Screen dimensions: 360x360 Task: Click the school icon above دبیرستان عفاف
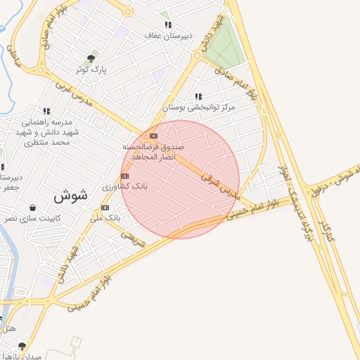tap(167, 25)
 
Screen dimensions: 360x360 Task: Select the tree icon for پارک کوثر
tap(90, 58)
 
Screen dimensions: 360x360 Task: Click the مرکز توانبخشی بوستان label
tap(199, 108)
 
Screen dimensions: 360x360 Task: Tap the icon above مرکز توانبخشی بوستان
tap(199, 96)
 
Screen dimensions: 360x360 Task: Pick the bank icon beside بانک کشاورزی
tap(124, 176)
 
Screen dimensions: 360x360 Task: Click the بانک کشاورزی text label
tap(120, 187)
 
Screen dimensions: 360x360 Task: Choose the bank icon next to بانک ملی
tap(105, 207)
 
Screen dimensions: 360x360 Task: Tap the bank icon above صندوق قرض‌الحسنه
tap(153, 136)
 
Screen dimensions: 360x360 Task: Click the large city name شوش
tap(70, 197)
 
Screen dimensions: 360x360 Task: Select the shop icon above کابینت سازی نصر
tap(33, 207)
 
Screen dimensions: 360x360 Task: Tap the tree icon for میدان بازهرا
tap(22, 346)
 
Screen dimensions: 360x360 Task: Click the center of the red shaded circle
tap(181, 179)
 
